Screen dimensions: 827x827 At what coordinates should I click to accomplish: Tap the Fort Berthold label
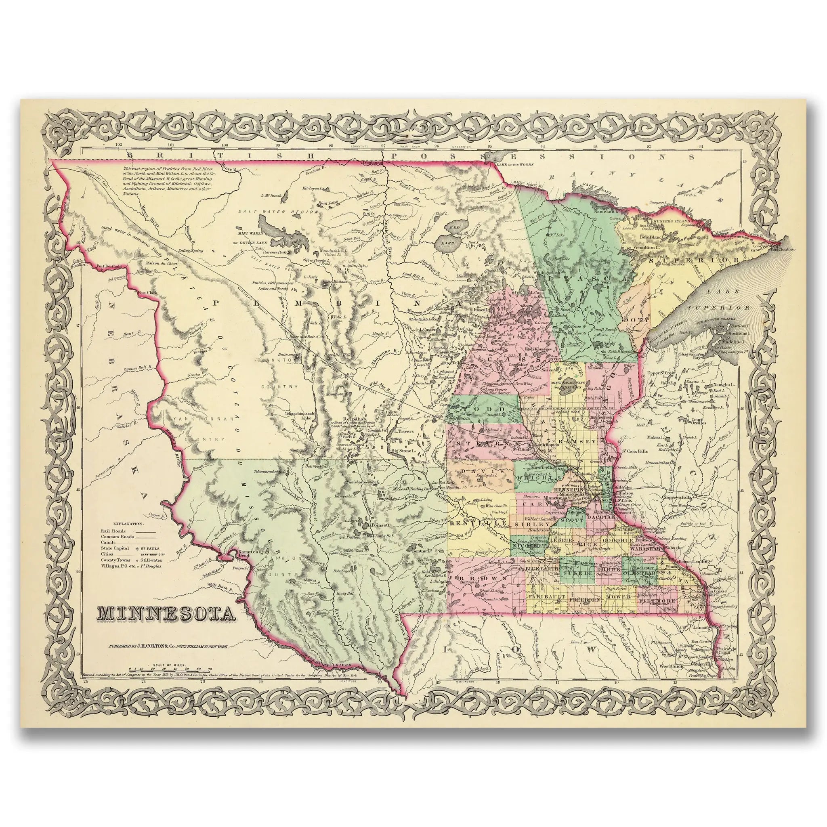(109, 266)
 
